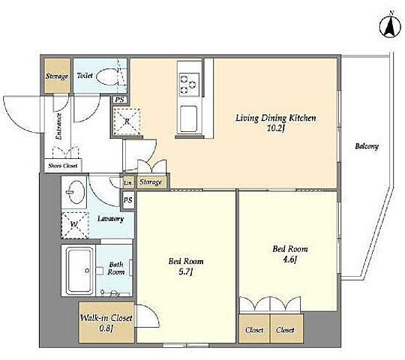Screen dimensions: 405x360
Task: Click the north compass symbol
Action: pyautogui.click(x=390, y=25)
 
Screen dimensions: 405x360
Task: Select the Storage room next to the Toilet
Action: pyautogui.click(x=57, y=76)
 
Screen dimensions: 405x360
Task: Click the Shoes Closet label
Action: pyautogui.click(x=62, y=166)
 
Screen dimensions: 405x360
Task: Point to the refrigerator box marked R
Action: pyautogui.click(x=127, y=121)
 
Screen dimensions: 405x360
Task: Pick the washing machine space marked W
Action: pyautogui.click(x=75, y=225)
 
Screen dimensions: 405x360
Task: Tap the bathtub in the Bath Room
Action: pyautogui.click(x=79, y=271)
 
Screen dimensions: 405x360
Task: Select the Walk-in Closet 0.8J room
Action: pyautogui.click(x=106, y=322)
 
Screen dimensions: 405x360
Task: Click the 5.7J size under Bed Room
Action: pyautogui.click(x=186, y=272)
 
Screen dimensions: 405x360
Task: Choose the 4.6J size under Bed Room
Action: pyautogui.click(x=289, y=259)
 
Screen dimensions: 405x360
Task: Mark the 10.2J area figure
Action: pyautogui.click(x=275, y=128)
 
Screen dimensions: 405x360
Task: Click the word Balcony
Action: pyautogui.click(x=367, y=146)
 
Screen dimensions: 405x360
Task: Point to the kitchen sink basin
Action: pyautogui.click(x=189, y=118)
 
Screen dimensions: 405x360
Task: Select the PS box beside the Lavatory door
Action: pyautogui.click(x=127, y=200)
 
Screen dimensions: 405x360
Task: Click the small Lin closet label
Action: pyautogui.click(x=127, y=182)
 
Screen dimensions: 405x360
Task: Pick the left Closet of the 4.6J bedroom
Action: pyautogui.click(x=254, y=328)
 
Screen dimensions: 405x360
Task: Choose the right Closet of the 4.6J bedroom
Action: pyautogui.click(x=286, y=328)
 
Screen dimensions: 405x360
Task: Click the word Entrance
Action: pyautogui.click(x=59, y=127)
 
